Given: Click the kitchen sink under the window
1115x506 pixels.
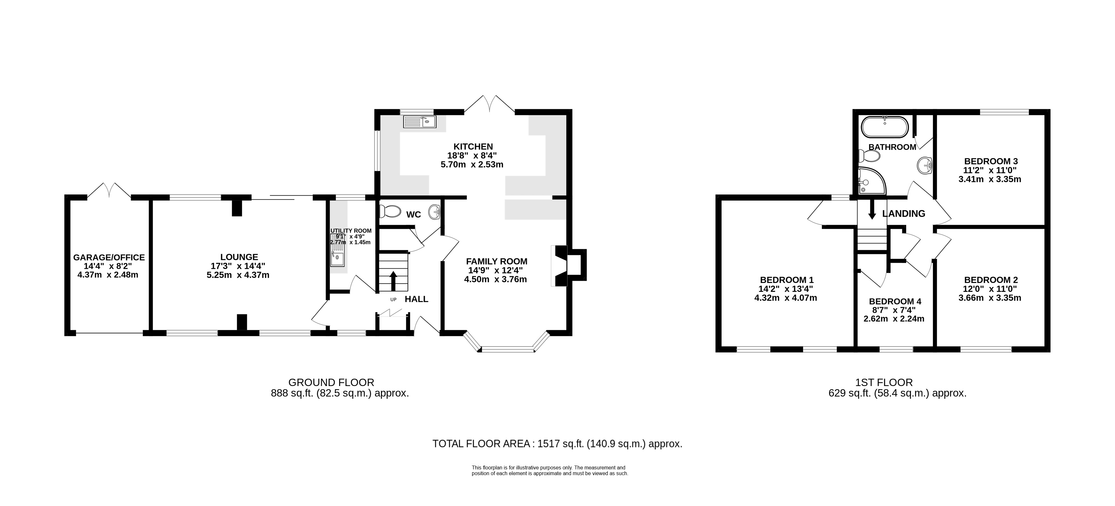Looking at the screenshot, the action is (x=419, y=122).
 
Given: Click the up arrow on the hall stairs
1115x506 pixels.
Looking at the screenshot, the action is (x=394, y=281).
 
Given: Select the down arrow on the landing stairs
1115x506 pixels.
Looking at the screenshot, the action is (x=872, y=210).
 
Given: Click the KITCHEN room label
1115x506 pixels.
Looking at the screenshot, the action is (x=473, y=146).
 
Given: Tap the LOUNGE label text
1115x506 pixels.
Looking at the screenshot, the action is (x=239, y=257).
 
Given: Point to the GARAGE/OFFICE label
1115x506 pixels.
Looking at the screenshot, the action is (x=109, y=257).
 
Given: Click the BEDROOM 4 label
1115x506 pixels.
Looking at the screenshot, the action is (x=895, y=301).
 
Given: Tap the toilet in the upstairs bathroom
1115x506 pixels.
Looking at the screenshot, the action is (x=869, y=156).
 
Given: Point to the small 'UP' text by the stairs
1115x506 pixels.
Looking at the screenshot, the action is (x=394, y=299).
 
